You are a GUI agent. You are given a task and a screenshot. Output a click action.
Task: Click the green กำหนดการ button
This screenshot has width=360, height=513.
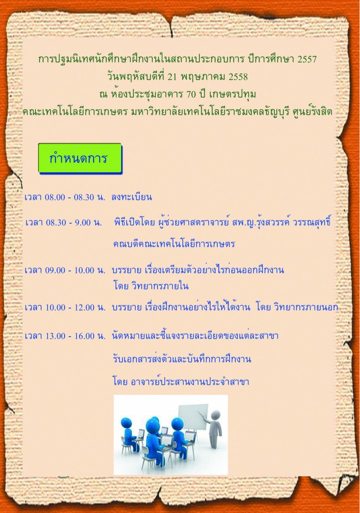click(x=80, y=158)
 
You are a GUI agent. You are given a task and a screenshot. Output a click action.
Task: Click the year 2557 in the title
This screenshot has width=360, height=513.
click(x=307, y=59)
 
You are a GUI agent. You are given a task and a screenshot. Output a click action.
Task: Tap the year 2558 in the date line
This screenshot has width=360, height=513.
click(x=238, y=77)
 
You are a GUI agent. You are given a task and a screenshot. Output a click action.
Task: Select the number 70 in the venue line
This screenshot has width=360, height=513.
click(x=191, y=94)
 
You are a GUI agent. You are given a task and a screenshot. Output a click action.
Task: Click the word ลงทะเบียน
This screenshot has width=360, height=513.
click(x=132, y=197)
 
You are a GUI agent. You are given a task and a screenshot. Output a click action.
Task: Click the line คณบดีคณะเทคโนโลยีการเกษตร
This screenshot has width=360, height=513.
click(x=174, y=244)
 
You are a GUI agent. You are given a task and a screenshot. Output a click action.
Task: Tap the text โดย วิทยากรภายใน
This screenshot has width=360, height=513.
click(x=151, y=286)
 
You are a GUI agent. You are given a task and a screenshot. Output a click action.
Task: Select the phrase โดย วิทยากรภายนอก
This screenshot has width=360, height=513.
click(x=297, y=307)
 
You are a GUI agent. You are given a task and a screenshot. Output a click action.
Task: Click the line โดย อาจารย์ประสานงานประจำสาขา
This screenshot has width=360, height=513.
click(x=181, y=381)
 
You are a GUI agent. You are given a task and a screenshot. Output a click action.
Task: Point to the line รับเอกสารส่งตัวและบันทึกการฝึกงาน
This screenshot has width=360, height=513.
click(x=182, y=359)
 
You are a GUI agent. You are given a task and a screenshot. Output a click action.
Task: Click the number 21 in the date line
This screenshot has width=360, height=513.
click(x=172, y=77)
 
